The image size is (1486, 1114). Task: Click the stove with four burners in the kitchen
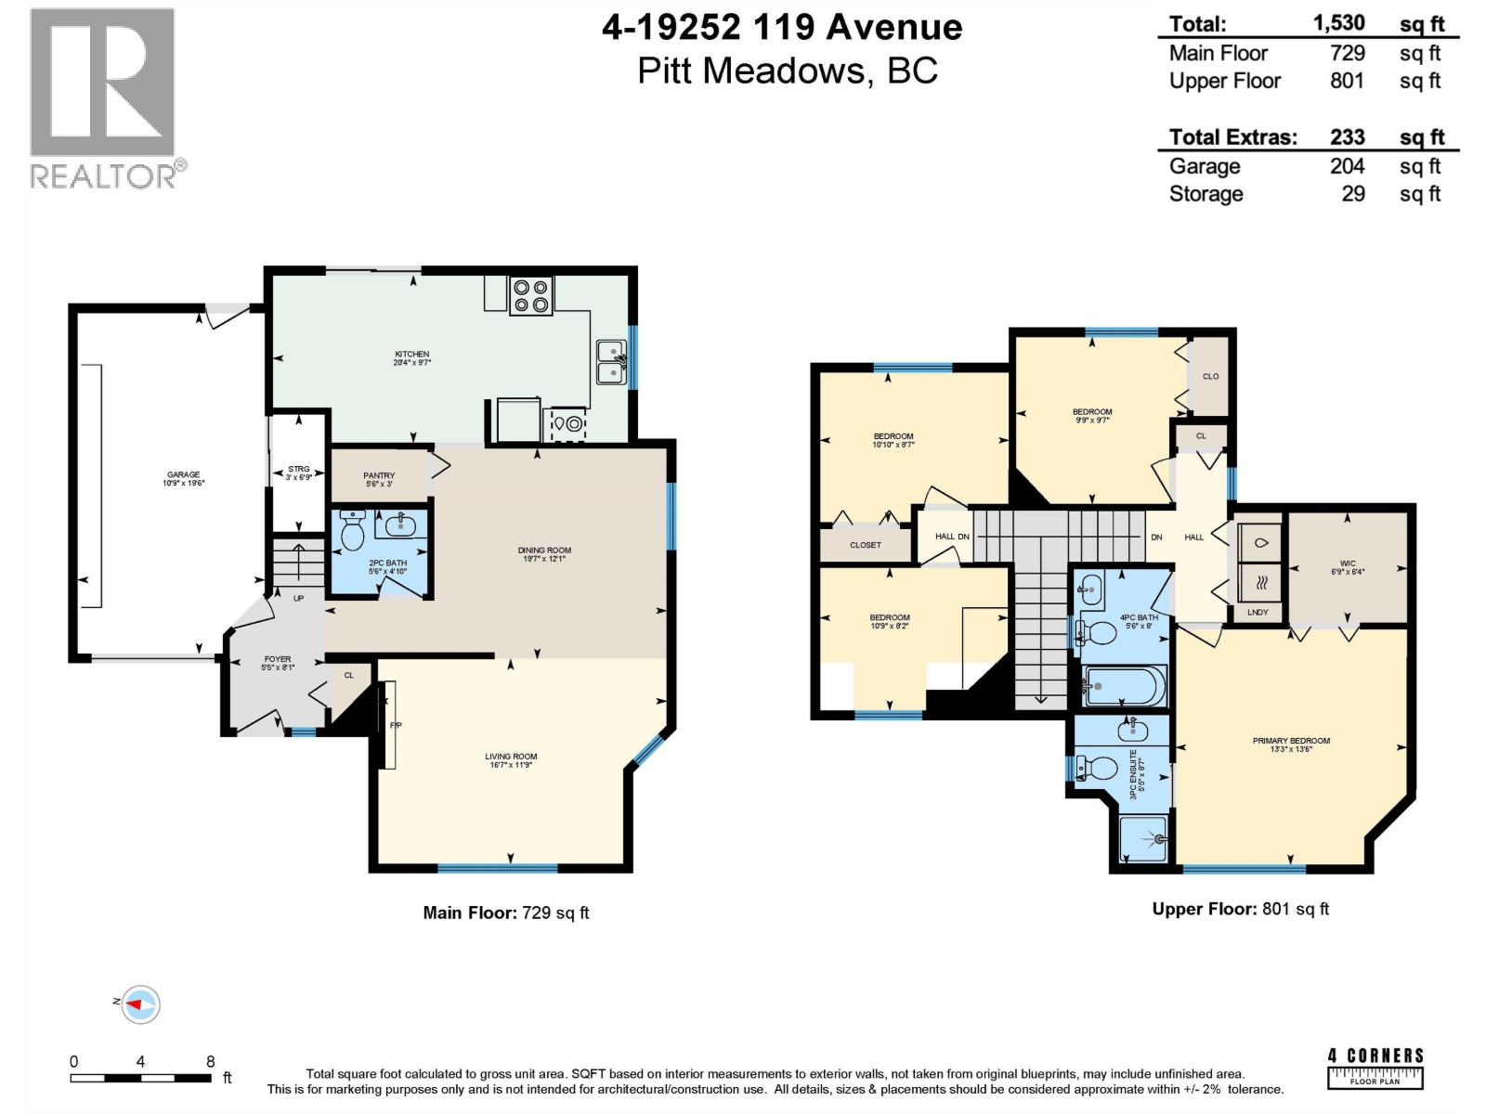pyautogui.click(x=531, y=296)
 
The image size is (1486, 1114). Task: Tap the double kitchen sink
pyautogui.click(x=611, y=362)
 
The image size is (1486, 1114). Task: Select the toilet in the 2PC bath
pyautogui.click(x=353, y=534)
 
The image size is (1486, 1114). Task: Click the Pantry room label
pyautogui.click(x=379, y=475)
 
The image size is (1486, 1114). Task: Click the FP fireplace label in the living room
pyautogui.click(x=395, y=725)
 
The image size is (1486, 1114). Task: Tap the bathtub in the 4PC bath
pyautogui.click(x=1124, y=688)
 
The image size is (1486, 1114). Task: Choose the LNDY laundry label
pyautogui.click(x=1258, y=613)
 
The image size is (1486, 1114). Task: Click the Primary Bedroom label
pyautogui.click(x=1291, y=741)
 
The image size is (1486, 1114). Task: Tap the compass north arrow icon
pyautogui.click(x=140, y=1004)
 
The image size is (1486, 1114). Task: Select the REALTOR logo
pyautogui.click(x=104, y=97)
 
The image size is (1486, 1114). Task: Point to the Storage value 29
pyautogui.click(x=1353, y=194)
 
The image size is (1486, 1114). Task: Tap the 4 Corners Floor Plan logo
pyautogui.click(x=1375, y=1069)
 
